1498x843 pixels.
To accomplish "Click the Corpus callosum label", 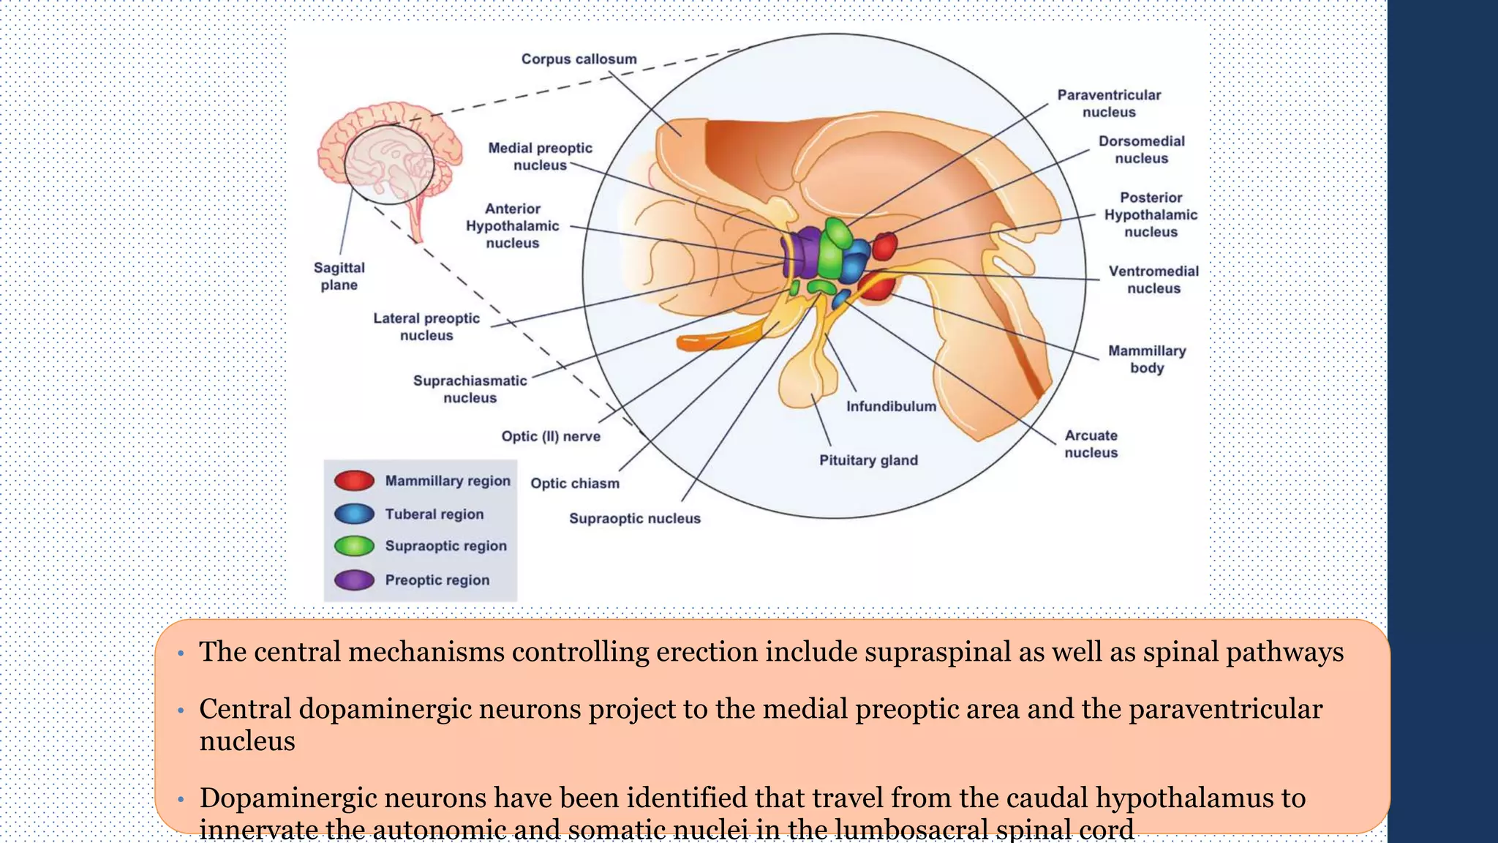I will coord(579,59).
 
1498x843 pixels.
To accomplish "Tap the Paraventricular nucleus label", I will coord(1109,103).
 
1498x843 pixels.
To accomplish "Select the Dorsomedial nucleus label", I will coord(1141,149).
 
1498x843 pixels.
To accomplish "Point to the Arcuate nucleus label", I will coord(1091,443).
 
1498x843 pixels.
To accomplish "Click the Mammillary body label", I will coord(1146,359).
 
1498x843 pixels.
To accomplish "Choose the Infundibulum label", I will coord(891,406).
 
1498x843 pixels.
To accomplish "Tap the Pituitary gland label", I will coord(868,460).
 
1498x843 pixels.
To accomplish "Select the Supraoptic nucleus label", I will coord(635,518).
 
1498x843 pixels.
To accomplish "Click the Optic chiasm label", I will coord(575,483).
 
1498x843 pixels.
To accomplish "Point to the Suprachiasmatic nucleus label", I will coord(470,389).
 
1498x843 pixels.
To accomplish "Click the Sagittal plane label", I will coord(339,276).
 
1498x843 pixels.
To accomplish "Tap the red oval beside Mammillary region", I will coord(354,481).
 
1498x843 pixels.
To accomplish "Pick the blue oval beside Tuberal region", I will coord(354,514).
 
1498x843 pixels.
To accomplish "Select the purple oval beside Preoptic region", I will coord(354,580).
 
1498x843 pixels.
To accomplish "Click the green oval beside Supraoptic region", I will coord(354,546).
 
